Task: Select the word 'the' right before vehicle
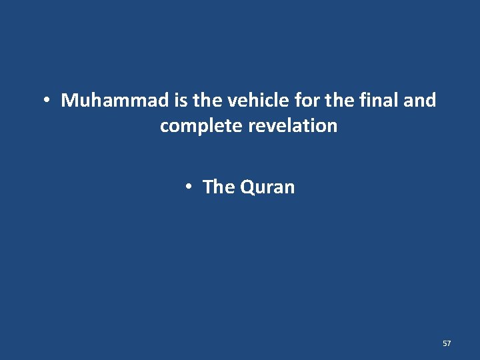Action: point(208,101)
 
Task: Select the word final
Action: point(377,101)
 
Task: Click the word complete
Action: point(201,126)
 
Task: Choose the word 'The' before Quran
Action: point(219,187)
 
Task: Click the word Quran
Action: point(267,187)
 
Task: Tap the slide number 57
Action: point(447,343)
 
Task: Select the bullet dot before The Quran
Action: point(189,187)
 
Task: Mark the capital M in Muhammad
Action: point(69,101)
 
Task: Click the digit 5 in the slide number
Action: point(445,343)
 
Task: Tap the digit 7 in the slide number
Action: point(449,343)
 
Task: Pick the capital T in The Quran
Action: point(207,187)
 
